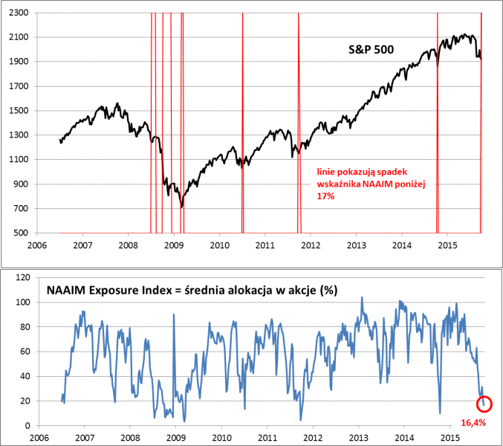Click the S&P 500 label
(x=371, y=50)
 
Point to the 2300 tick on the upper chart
(x=18, y=13)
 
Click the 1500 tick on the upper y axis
(x=18, y=111)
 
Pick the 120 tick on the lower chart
(x=22, y=277)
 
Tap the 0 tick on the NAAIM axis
(x=26, y=425)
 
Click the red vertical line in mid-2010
(x=242, y=123)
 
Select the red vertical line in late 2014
(x=438, y=123)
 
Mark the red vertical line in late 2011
(x=299, y=123)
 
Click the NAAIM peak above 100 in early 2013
(x=362, y=297)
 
